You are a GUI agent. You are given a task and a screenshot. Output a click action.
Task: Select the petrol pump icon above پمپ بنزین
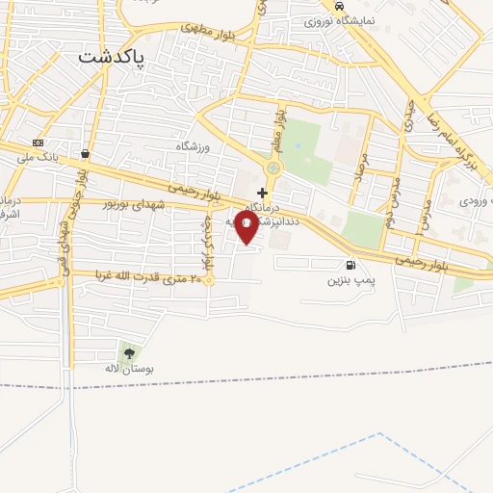point(348,266)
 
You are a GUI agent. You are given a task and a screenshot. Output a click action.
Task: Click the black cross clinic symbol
point(262,193)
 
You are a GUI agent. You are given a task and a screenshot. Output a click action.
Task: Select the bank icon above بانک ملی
point(38,142)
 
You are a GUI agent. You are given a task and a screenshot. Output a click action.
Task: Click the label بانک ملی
point(42,155)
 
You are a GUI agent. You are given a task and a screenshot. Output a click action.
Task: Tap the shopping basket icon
point(86,153)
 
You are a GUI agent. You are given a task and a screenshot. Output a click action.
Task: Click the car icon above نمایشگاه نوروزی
point(338,6)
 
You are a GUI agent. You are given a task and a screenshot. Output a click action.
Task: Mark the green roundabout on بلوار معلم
point(272,169)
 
